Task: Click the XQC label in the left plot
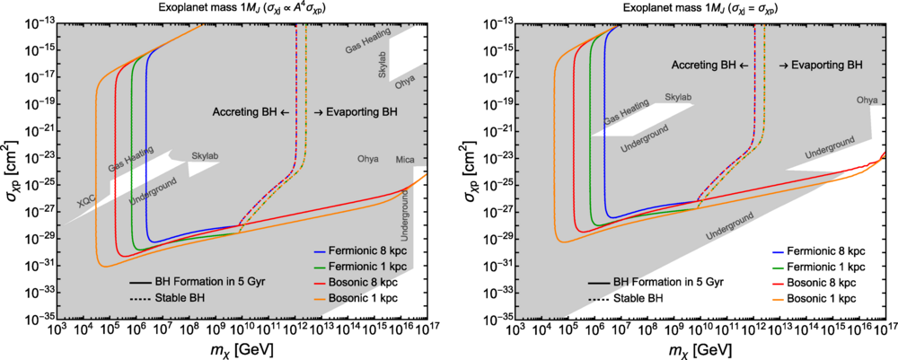pos(85,205)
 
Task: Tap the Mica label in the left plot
pos(405,160)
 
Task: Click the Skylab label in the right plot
pos(678,96)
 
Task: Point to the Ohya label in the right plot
pos(867,100)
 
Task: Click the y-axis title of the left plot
pos(12,169)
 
